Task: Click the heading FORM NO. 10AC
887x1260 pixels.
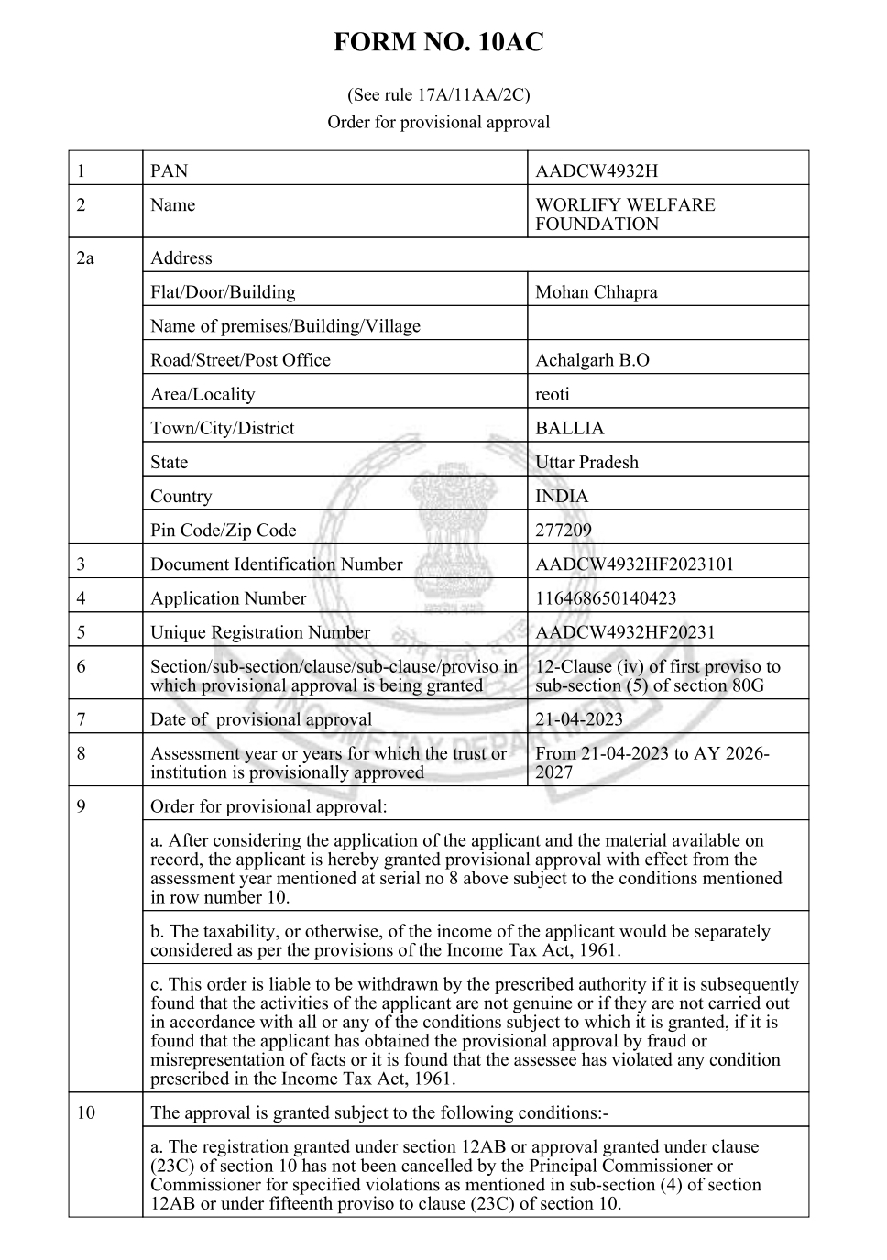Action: point(438,42)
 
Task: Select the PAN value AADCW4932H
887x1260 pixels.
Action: point(596,171)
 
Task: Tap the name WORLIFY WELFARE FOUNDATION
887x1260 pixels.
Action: point(624,214)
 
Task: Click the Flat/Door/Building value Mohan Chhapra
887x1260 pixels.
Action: point(596,292)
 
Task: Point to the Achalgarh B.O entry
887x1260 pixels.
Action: point(592,360)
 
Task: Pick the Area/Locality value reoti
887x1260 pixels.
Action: point(552,394)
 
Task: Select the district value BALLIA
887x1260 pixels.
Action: point(569,428)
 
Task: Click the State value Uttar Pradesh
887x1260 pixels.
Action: point(586,462)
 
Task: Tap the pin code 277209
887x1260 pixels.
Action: point(563,531)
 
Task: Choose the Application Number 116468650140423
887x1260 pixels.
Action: point(606,598)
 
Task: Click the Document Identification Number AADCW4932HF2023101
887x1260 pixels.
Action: point(634,564)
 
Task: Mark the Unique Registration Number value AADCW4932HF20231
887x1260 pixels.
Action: point(625,632)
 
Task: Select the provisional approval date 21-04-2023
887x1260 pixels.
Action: point(578,719)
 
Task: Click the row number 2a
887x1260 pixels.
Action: point(85,258)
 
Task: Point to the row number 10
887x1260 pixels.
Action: point(85,1113)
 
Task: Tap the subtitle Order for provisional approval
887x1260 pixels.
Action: point(438,122)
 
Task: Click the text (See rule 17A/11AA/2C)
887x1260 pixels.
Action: point(438,94)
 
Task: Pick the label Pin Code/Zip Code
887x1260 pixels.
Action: point(224,531)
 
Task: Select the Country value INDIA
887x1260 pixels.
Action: point(562,497)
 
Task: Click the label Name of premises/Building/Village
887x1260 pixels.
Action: point(285,326)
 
